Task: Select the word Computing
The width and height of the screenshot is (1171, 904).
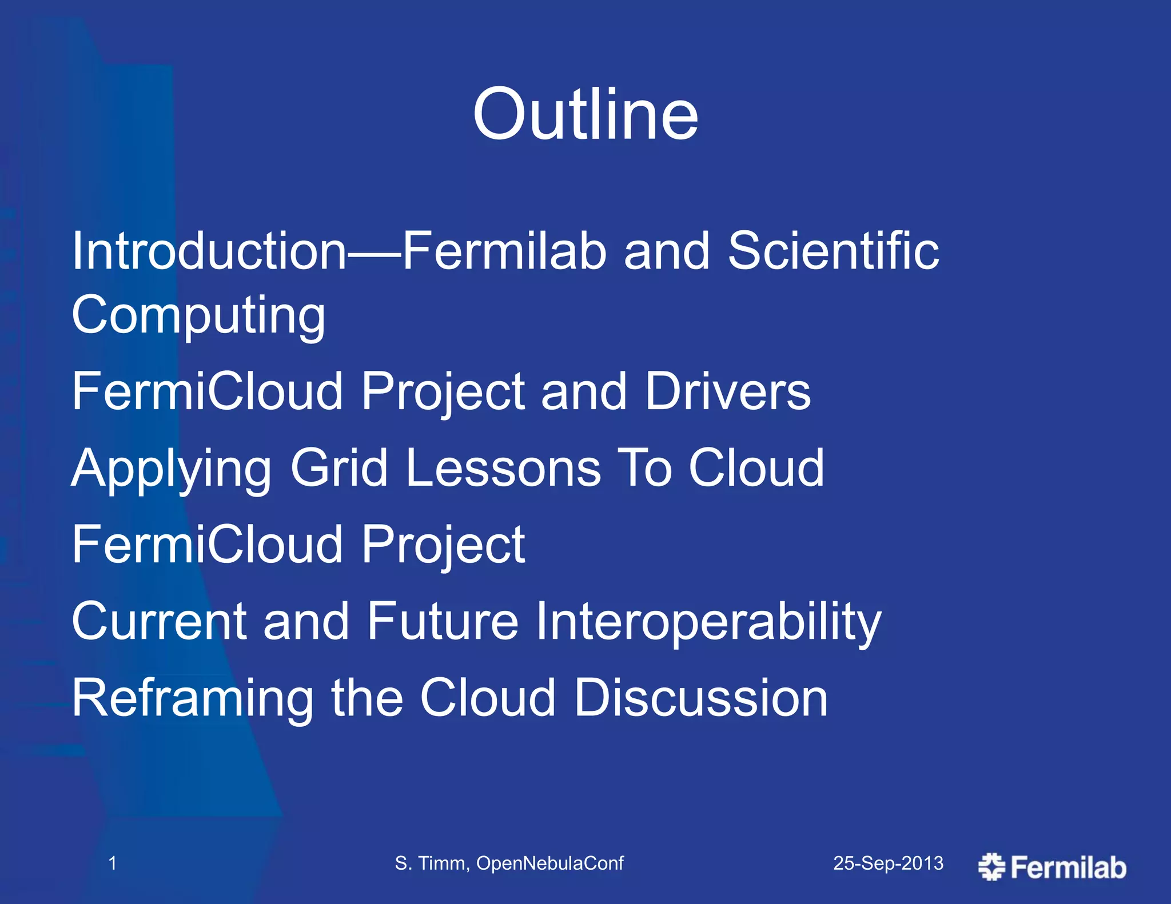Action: (x=198, y=315)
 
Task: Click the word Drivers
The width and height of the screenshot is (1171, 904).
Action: (x=727, y=391)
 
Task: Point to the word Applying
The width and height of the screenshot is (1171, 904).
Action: (x=171, y=469)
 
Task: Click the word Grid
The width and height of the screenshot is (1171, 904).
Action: (x=339, y=469)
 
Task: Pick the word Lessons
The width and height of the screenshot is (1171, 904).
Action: (x=503, y=469)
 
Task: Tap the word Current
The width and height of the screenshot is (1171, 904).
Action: (x=159, y=621)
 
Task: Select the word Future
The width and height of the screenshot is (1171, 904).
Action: (x=442, y=621)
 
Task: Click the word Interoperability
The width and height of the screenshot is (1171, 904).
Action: (x=708, y=621)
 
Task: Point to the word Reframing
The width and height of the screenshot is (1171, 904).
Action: (x=193, y=698)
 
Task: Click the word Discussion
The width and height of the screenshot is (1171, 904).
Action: (x=700, y=698)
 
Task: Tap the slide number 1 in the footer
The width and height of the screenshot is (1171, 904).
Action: (x=113, y=863)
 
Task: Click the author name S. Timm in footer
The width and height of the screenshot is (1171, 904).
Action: (x=431, y=863)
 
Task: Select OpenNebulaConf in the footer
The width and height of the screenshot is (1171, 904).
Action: (x=549, y=863)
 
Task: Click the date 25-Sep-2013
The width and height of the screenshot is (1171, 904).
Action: (x=888, y=863)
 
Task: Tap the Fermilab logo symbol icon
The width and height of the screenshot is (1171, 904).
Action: (x=991, y=867)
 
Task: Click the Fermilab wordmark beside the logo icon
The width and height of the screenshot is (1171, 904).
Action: (x=1068, y=867)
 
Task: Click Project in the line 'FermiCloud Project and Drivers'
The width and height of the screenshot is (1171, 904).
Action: (x=443, y=391)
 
